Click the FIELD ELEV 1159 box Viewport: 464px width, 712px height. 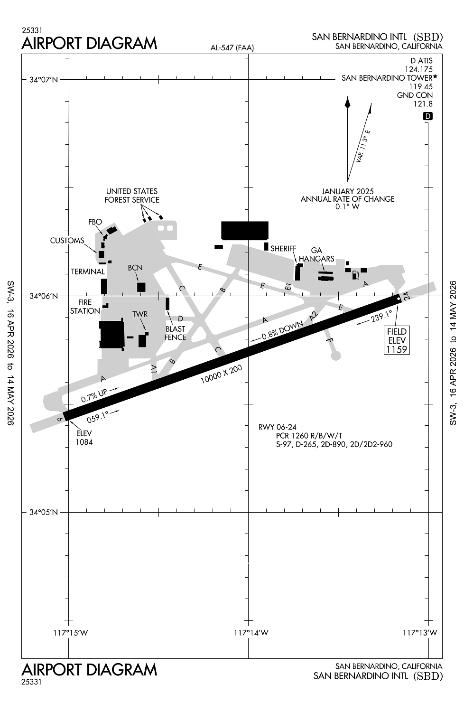tap(397, 340)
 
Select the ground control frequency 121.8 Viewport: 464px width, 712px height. tap(423, 104)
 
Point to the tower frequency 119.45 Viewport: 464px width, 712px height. tap(421, 86)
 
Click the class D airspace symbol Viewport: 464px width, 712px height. tap(428, 116)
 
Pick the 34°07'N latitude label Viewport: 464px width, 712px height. tap(44, 80)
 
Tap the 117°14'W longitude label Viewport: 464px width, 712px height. tap(251, 633)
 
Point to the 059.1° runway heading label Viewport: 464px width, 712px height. tap(98, 417)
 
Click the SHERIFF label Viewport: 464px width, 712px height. tap(283, 248)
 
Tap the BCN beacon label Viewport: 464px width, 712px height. tap(135, 268)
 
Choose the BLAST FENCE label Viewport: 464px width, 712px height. tap(175, 333)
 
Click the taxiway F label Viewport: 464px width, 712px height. tap(330, 340)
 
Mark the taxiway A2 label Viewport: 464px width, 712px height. tap(313, 316)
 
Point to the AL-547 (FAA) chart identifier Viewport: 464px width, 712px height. tap(232, 47)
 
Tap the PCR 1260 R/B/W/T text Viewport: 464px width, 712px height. tap(309, 436)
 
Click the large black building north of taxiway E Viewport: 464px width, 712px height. tap(245, 231)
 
